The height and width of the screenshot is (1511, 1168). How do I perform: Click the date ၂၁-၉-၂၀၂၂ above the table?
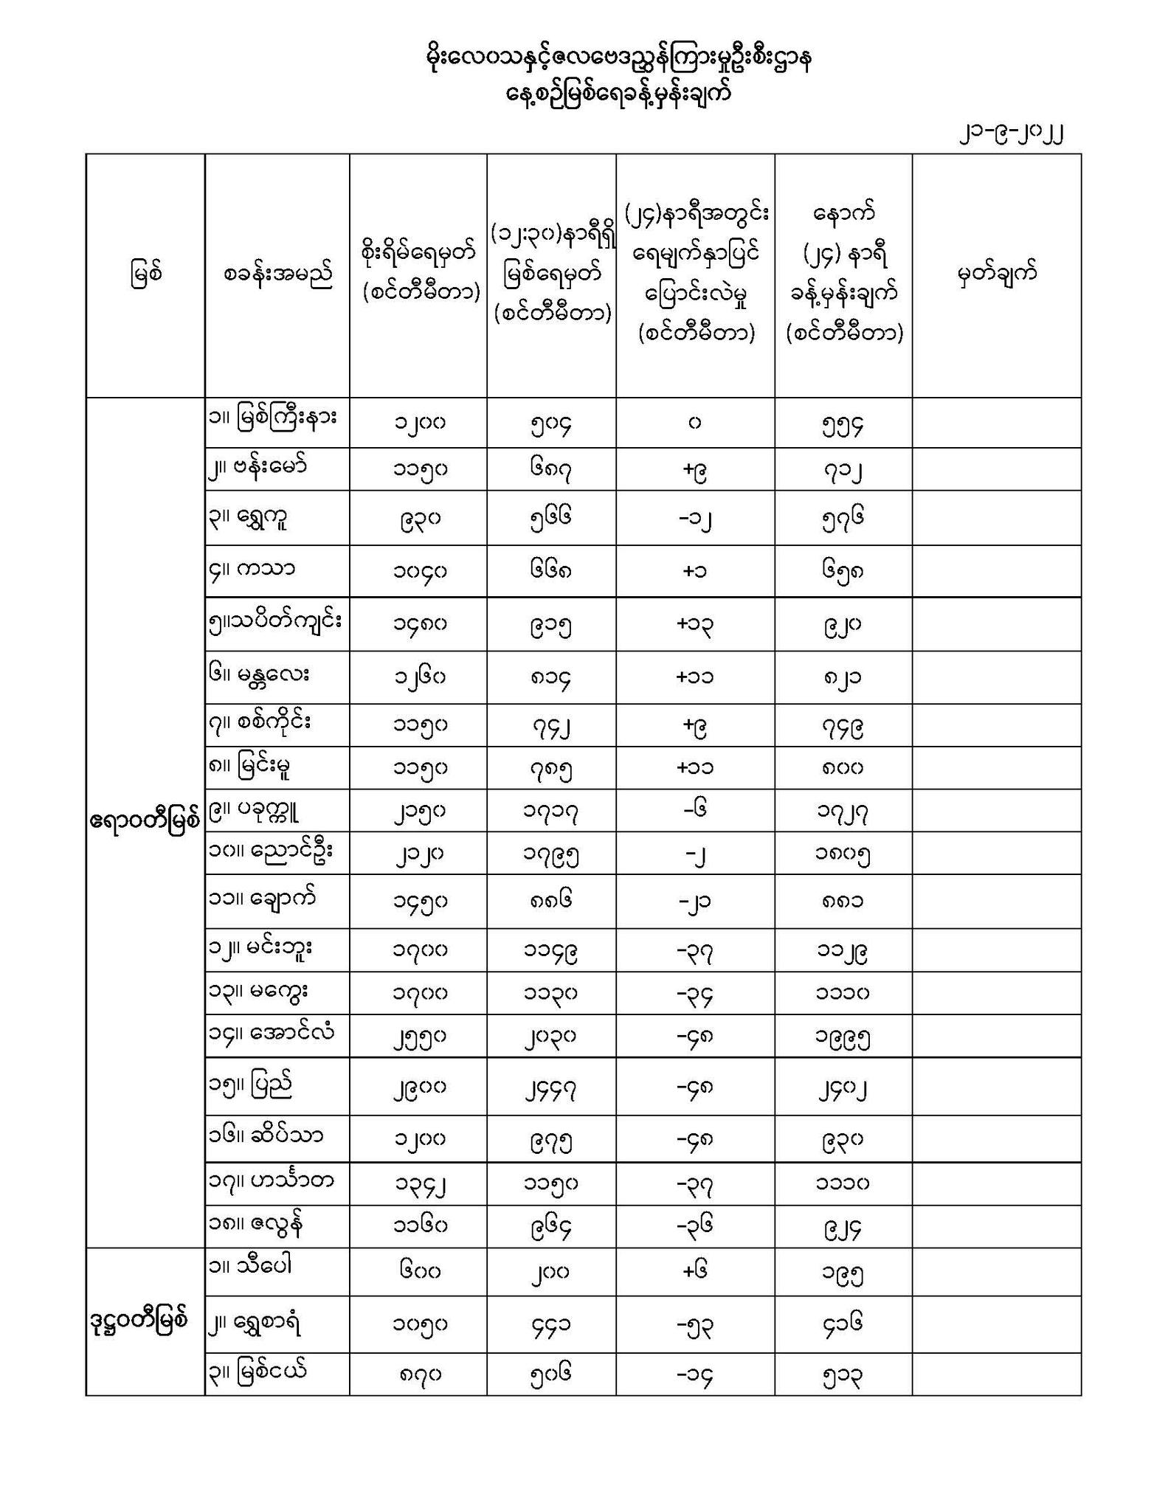(x=1010, y=134)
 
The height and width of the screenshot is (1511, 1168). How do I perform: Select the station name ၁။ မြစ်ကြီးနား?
(x=272, y=418)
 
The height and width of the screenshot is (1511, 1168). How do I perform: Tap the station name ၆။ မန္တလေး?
(x=258, y=674)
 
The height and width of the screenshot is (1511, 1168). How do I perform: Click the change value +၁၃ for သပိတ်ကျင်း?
(x=694, y=624)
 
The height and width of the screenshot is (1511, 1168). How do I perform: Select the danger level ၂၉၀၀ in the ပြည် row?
(x=418, y=1088)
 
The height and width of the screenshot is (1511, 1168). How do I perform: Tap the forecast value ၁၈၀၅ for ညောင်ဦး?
(x=843, y=855)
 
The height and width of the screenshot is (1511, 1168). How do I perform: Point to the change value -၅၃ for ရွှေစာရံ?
(x=694, y=1325)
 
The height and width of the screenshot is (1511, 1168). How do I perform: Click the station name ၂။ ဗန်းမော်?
(x=258, y=467)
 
